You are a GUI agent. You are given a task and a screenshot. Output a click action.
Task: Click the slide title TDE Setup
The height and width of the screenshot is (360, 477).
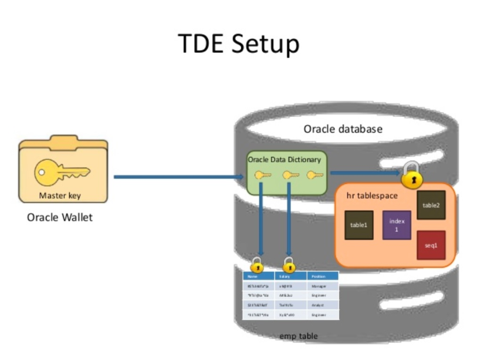pyautogui.click(x=238, y=44)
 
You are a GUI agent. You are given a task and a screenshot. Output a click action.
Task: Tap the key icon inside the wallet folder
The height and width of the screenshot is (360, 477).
pyautogui.click(x=62, y=171)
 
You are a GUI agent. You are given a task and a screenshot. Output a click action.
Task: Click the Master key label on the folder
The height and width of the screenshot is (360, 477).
pyautogui.click(x=62, y=196)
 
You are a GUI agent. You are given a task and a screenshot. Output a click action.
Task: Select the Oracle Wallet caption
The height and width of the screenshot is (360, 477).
pyautogui.click(x=60, y=217)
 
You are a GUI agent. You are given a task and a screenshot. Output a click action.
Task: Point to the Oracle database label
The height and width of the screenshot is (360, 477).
pyautogui.click(x=343, y=129)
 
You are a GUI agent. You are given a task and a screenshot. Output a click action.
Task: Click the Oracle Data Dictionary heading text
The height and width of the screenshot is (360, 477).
pyautogui.click(x=285, y=160)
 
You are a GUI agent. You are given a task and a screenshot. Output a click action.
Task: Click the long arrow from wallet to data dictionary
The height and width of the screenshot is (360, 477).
pyautogui.click(x=176, y=176)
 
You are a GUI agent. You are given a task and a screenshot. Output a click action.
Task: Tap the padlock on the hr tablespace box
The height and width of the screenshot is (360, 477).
pyautogui.click(x=413, y=174)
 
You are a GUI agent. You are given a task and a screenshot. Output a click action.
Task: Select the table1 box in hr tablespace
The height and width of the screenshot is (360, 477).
pyautogui.click(x=359, y=225)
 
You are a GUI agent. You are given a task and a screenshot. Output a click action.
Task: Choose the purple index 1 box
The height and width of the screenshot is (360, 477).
pyautogui.click(x=397, y=226)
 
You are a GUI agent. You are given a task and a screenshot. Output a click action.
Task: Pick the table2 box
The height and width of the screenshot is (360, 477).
pyautogui.click(x=431, y=205)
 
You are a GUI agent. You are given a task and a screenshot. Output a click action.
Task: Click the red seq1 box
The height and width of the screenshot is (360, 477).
pyautogui.click(x=431, y=245)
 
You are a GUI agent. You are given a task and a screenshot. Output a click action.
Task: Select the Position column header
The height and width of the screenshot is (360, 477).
pyautogui.click(x=320, y=276)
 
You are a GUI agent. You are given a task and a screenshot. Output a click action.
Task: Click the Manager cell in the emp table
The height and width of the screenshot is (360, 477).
pyautogui.click(x=320, y=285)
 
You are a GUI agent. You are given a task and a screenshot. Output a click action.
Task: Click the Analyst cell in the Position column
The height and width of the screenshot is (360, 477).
pyautogui.click(x=320, y=305)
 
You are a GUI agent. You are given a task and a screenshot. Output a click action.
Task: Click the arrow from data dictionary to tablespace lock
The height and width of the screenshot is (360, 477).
pyautogui.click(x=364, y=173)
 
